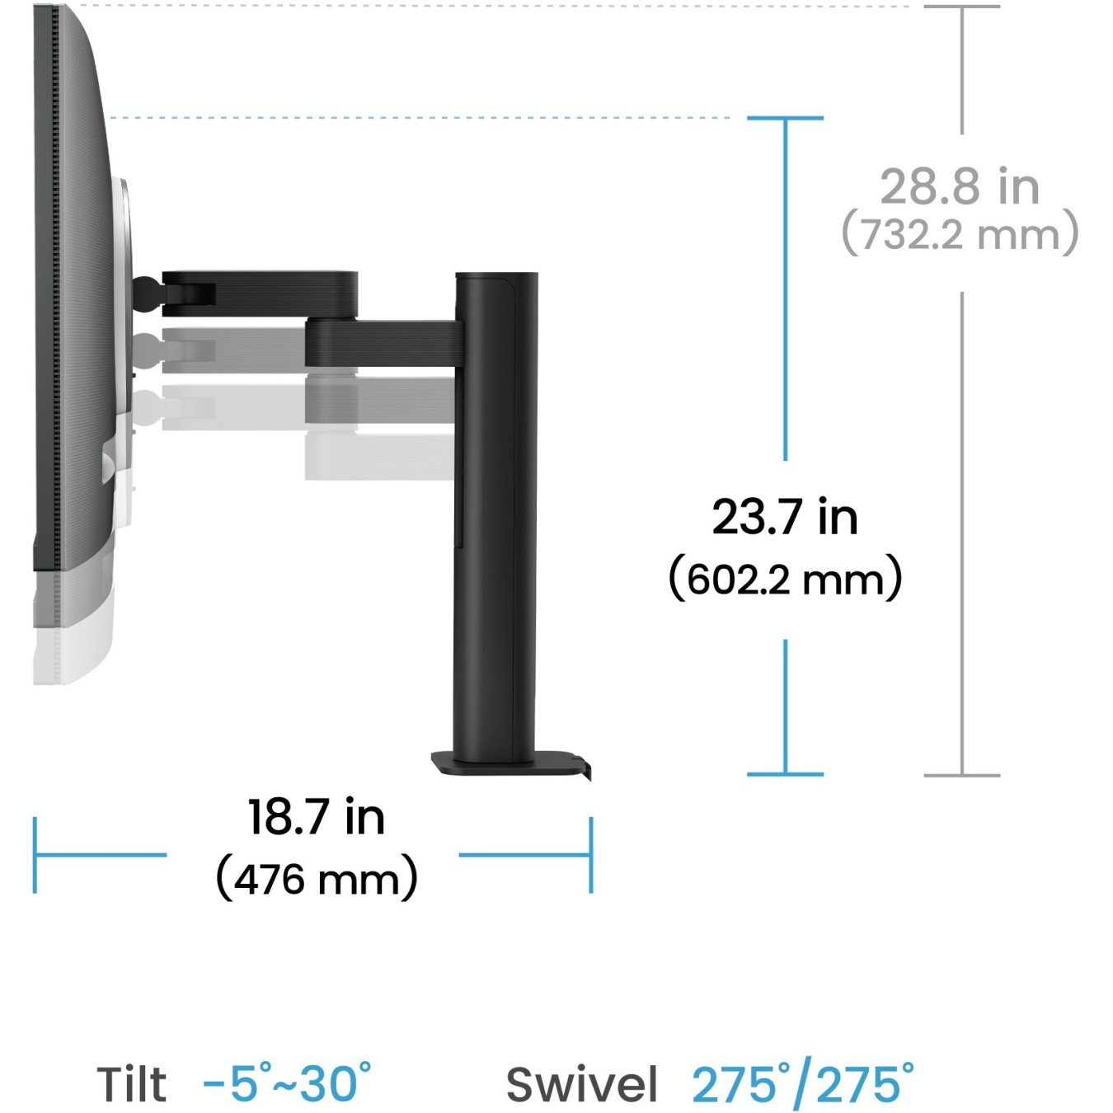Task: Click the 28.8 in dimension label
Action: (x=960, y=186)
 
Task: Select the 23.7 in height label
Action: (x=785, y=516)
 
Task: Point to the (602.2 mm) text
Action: (x=785, y=579)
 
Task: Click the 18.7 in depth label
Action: (x=317, y=817)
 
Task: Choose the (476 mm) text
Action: (x=317, y=879)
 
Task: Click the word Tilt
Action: (x=132, y=1084)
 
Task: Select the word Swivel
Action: (x=581, y=1084)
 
